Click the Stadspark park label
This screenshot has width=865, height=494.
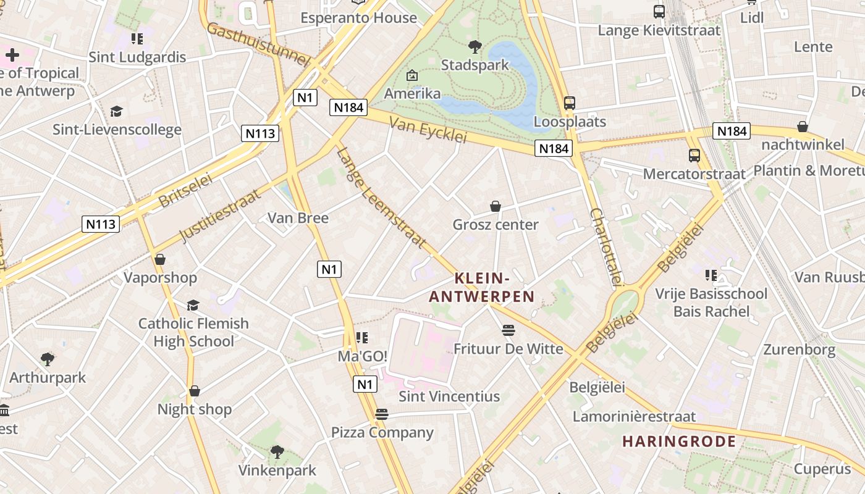(475, 65)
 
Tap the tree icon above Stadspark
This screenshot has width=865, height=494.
(475, 46)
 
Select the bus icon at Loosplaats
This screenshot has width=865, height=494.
(569, 103)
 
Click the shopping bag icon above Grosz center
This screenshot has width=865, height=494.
(495, 206)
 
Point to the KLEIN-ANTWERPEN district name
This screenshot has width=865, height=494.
(482, 288)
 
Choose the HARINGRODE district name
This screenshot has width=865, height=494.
(679, 442)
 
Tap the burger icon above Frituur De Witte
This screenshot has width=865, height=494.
(508, 331)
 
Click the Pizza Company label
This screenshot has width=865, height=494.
(382, 432)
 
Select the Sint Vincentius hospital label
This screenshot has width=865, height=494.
(449, 396)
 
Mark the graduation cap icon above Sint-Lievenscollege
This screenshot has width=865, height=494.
(116, 111)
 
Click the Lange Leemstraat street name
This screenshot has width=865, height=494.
(382, 198)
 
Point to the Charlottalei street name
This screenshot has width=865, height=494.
(605, 247)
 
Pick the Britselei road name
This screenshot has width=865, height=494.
(185, 190)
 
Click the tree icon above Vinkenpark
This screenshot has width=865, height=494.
(277, 452)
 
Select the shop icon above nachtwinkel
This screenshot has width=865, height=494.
(802, 127)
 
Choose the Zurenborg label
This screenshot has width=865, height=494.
(799, 350)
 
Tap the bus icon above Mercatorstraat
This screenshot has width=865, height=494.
(694, 156)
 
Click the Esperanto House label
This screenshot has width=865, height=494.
(358, 18)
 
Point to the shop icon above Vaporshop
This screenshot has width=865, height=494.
(160, 259)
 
